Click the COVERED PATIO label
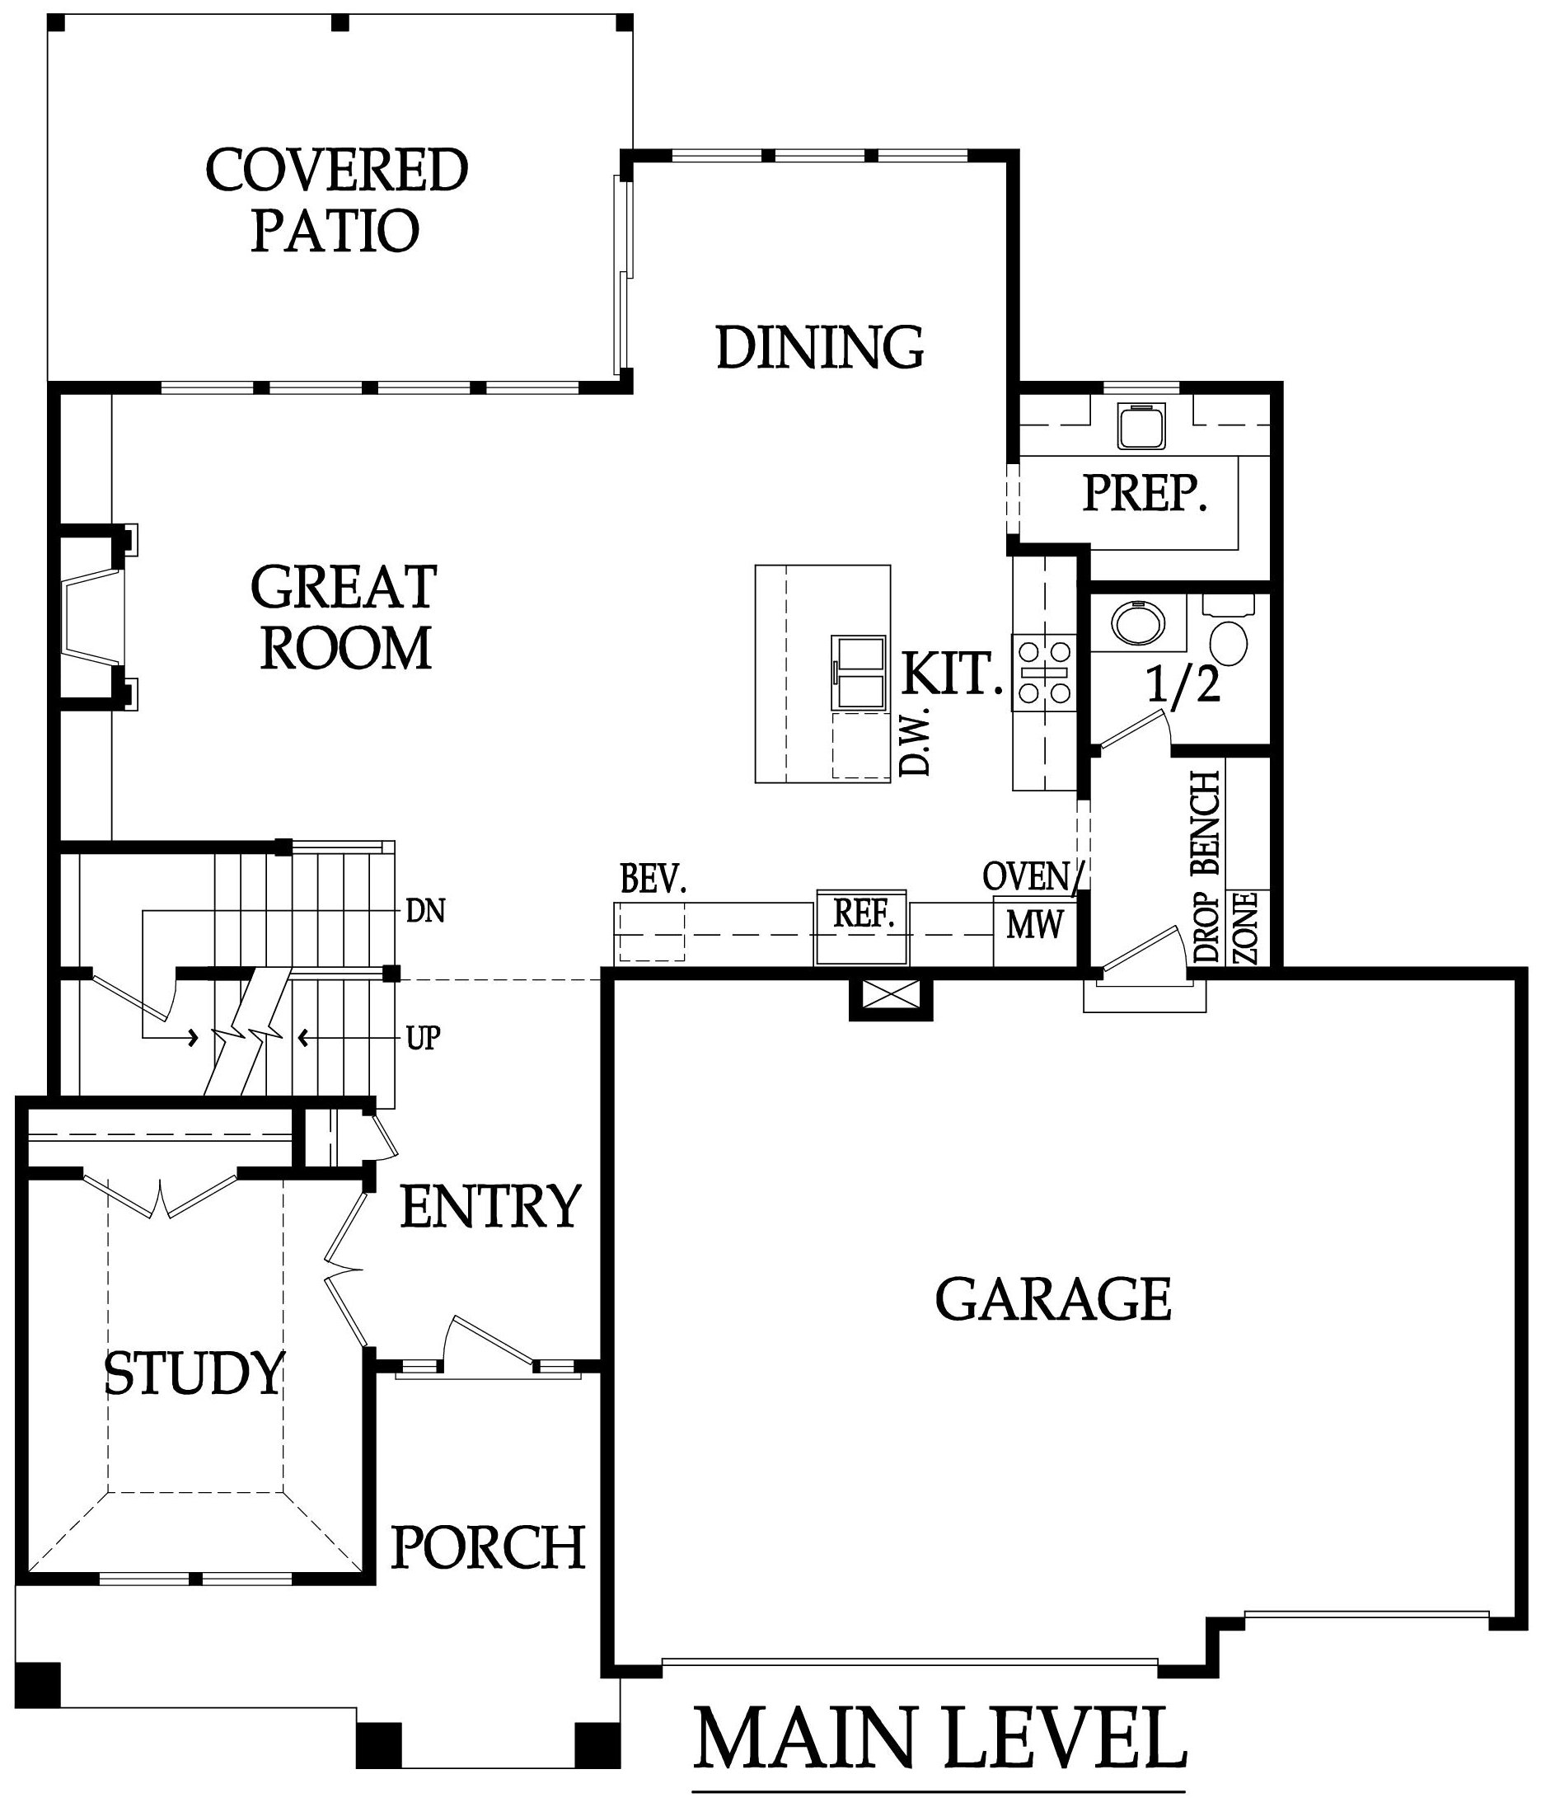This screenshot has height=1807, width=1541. (336, 199)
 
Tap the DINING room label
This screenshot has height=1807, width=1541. (819, 347)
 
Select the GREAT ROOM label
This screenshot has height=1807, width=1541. (344, 617)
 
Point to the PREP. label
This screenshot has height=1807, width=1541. (1145, 493)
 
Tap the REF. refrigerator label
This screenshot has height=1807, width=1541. (864, 913)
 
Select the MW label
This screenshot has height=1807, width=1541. (1034, 924)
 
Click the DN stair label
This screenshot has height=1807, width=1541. (425, 912)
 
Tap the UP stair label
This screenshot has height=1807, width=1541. (423, 1038)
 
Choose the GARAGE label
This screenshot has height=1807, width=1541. (1053, 1298)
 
